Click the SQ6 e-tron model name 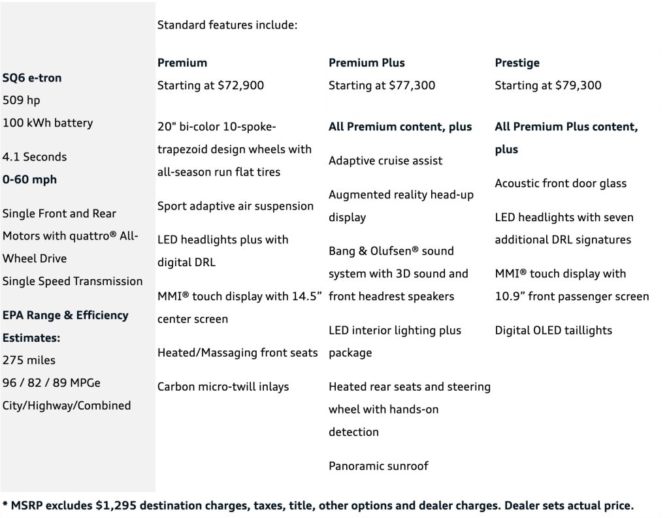click(32, 78)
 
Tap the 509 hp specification click(22, 100)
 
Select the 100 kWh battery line click(48, 123)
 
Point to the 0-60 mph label click(29, 179)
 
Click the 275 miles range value click(29, 360)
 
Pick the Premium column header click(182, 63)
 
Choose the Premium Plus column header click(367, 63)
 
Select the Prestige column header click(517, 63)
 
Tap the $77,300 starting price click(412, 85)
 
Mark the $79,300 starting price click(579, 85)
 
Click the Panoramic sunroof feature click(378, 466)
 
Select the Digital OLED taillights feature click(553, 330)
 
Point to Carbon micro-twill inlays click(223, 387)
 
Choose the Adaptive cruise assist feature click(385, 160)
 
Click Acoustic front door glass click(561, 183)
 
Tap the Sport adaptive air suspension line click(235, 206)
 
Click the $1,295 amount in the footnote click(116, 506)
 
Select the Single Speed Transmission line click(73, 281)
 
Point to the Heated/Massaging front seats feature click(238, 353)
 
